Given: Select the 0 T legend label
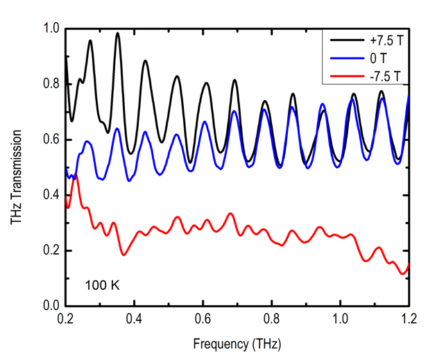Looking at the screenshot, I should tap(374, 58).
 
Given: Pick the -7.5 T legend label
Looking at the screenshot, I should tap(380, 75).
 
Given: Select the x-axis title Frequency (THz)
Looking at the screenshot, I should tap(238, 343).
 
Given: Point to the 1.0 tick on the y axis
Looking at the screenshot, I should tap(52, 28).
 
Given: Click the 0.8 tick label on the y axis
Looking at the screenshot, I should tap(52, 84).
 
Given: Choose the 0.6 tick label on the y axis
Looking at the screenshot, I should tap(52, 139).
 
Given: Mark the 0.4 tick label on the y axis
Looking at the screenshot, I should tap(52, 195).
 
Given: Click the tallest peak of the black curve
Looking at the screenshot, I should tap(117, 33).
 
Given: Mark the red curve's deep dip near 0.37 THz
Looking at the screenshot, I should tap(123, 255).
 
